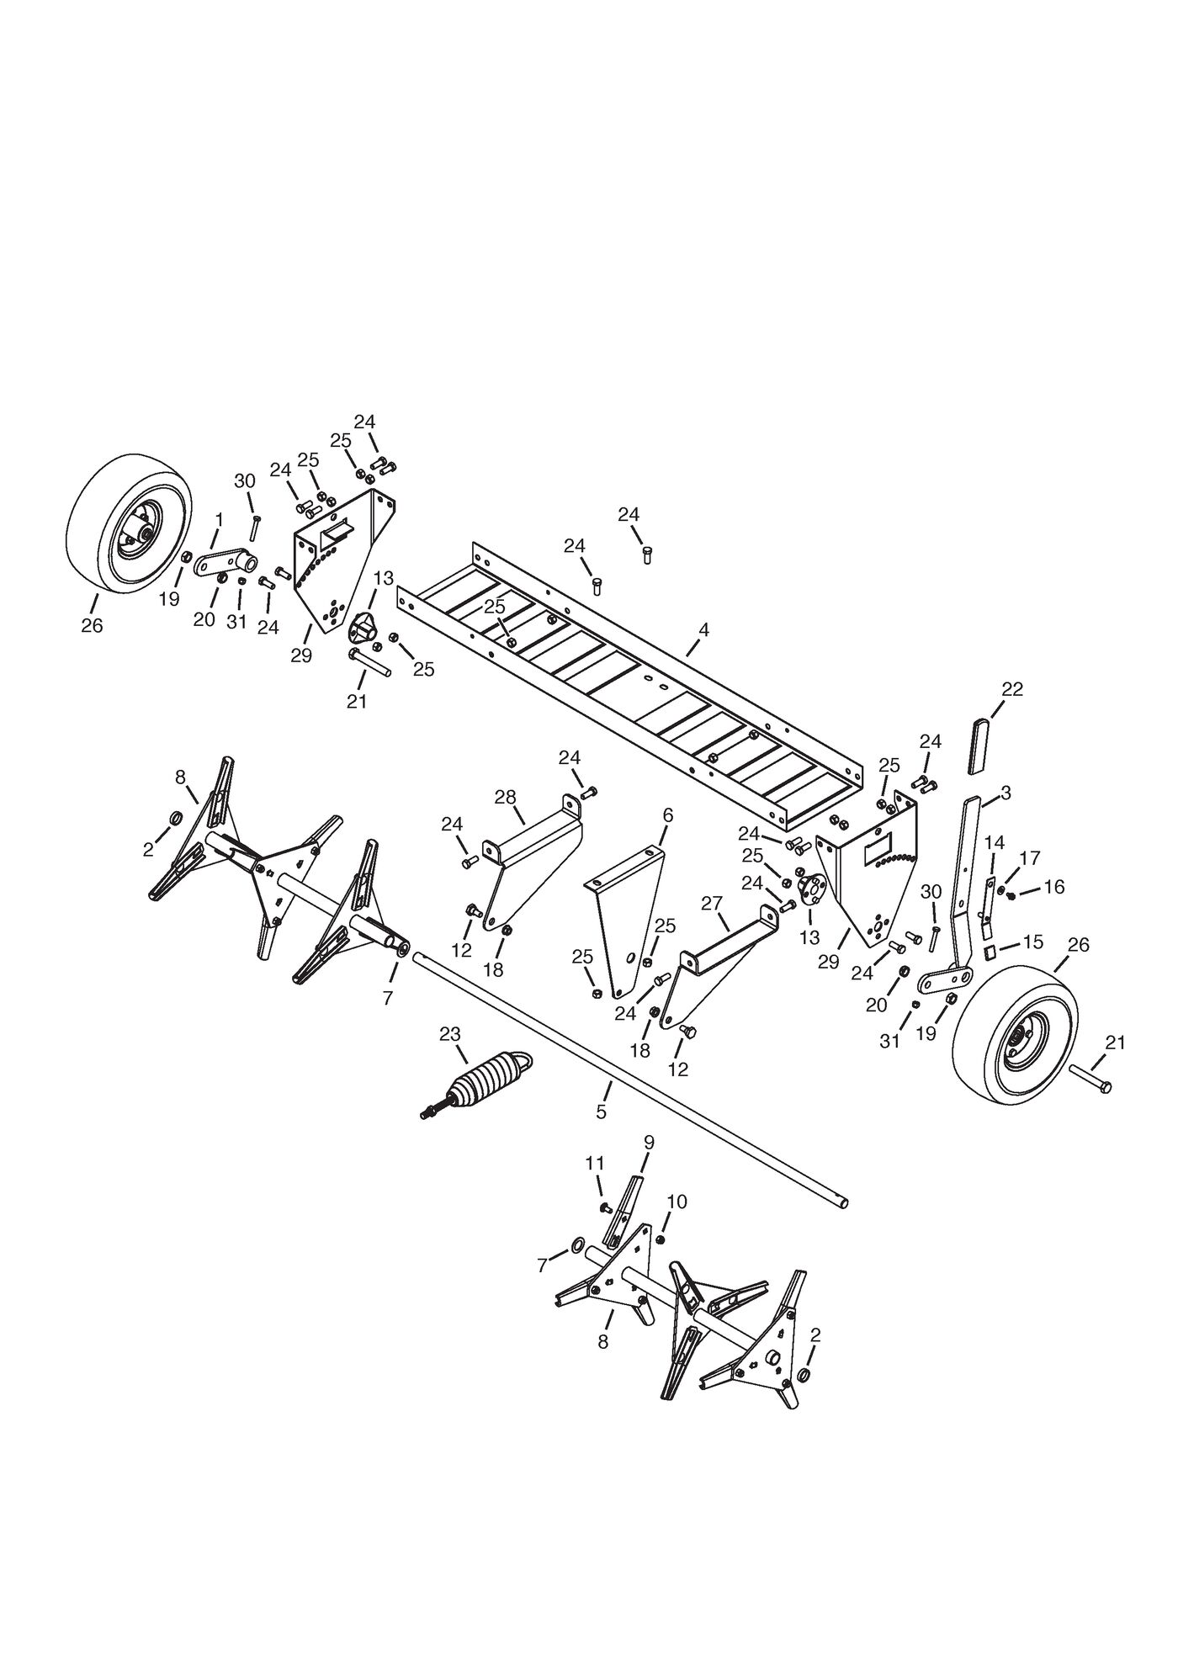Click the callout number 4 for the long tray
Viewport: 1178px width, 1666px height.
[703, 629]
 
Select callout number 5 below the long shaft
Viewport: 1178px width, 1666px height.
[601, 1112]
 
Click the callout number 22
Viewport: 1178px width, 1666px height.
[1012, 689]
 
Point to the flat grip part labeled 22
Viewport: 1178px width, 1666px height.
[979, 745]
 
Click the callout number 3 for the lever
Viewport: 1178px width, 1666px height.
[1006, 793]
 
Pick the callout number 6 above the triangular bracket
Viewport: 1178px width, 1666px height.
[668, 815]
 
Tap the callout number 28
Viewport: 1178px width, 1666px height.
[505, 797]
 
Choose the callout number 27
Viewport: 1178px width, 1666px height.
[712, 903]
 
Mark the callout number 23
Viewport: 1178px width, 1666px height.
[450, 1034]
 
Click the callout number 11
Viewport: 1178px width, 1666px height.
[595, 1164]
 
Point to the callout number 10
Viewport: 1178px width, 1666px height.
[677, 1202]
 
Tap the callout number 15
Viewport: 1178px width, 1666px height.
[1032, 942]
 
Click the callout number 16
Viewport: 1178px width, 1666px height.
[1053, 887]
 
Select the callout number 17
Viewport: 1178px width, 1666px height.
[1030, 857]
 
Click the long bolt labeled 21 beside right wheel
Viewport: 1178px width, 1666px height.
[1090, 1078]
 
